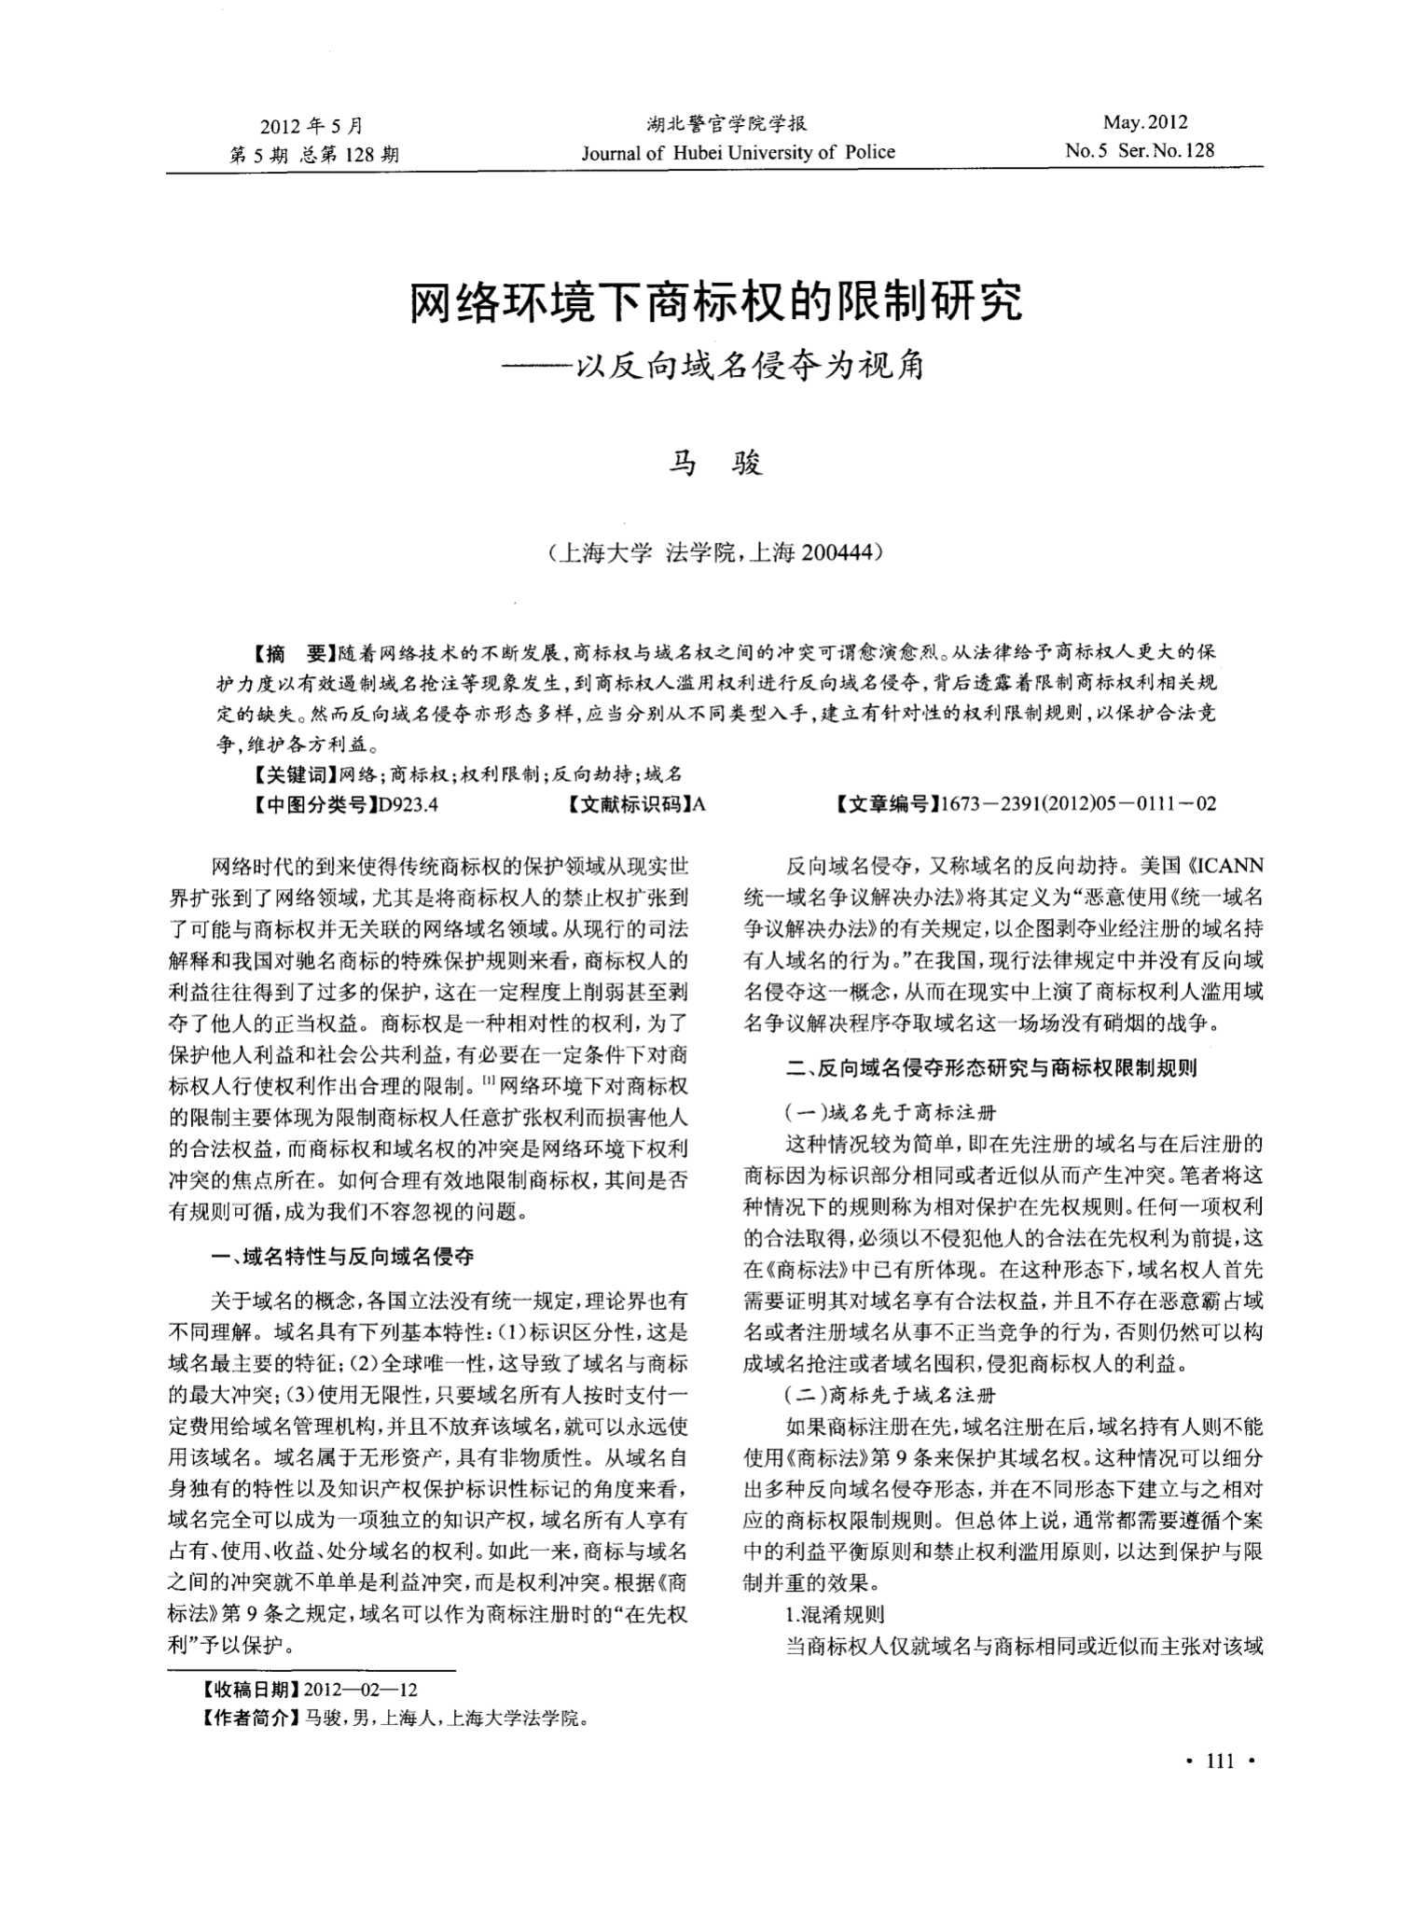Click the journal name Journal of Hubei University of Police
pyautogui.click(x=738, y=152)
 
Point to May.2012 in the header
pyautogui.click(x=1144, y=122)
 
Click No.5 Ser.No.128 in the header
pyautogui.click(x=1140, y=151)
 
